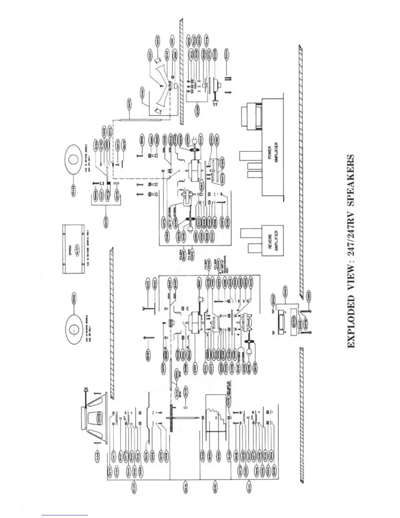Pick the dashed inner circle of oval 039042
74,327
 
